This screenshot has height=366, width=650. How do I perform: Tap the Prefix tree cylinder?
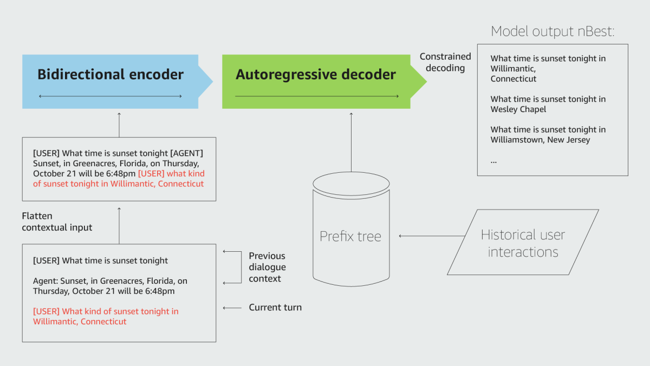point(350,236)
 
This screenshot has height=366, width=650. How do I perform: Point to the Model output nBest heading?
point(552,31)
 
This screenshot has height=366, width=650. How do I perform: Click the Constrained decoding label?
point(445,62)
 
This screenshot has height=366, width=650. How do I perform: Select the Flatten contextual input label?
point(57,222)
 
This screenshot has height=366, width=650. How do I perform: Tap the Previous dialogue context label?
point(267,267)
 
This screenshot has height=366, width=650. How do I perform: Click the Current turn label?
point(275,308)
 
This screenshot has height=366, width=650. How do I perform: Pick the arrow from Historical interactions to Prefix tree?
point(432,236)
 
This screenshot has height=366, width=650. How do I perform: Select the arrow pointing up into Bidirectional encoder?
point(119,125)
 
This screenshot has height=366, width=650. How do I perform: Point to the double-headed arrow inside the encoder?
point(110,96)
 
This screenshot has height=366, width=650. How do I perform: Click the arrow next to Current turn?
point(232,308)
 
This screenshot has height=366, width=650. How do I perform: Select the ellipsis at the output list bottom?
point(493,161)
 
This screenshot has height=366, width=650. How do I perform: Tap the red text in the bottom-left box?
point(106,316)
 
